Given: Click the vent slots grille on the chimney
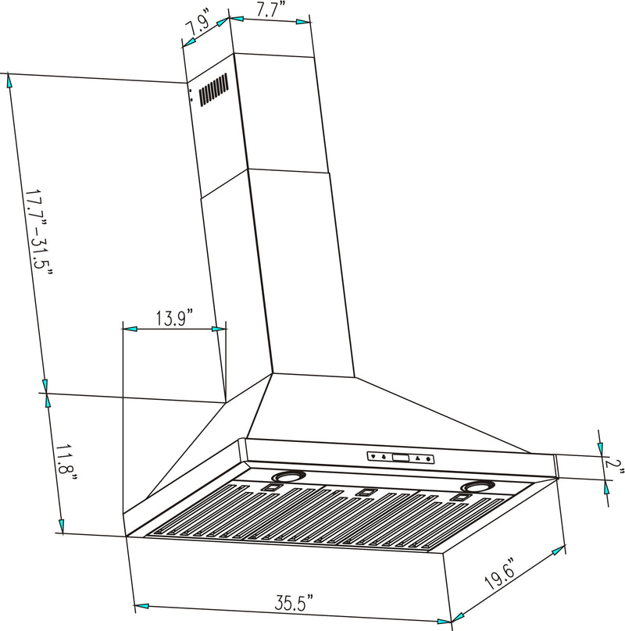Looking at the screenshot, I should coord(213,90).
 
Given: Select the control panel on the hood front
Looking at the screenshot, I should coord(399,458).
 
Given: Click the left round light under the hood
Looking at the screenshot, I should coord(288,476).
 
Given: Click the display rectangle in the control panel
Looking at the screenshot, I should coord(399,458).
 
